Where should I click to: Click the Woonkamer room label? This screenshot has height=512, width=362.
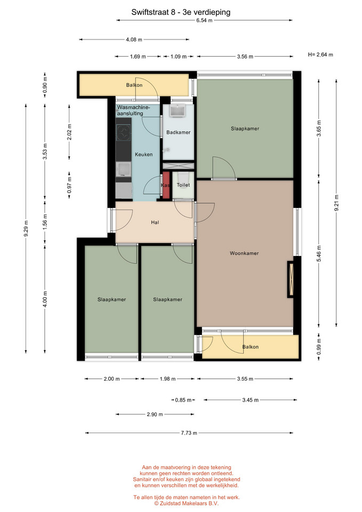point(244,253)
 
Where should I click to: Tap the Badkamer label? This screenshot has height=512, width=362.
point(178,132)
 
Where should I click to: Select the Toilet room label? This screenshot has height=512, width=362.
point(183,185)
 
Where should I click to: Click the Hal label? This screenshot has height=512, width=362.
point(155,222)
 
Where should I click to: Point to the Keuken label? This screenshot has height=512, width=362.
point(143,155)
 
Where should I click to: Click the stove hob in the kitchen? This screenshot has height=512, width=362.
point(124,133)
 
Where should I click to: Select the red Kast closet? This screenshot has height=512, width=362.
point(166,185)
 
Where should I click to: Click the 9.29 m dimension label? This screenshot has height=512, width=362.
point(26,228)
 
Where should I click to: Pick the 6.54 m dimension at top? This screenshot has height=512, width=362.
point(204,20)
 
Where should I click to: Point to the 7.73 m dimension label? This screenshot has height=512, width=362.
point(189,433)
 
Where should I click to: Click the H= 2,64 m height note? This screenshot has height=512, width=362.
point(320,54)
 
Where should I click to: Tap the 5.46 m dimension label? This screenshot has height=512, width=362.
point(319,253)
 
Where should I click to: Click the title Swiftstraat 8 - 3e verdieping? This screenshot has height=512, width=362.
point(181,12)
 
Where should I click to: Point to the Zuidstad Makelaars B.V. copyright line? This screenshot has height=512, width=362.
point(187,503)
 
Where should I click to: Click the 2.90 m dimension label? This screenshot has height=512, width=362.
point(155,414)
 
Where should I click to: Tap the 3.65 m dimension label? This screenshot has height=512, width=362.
point(319,129)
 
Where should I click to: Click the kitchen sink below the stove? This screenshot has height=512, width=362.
point(124,169)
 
